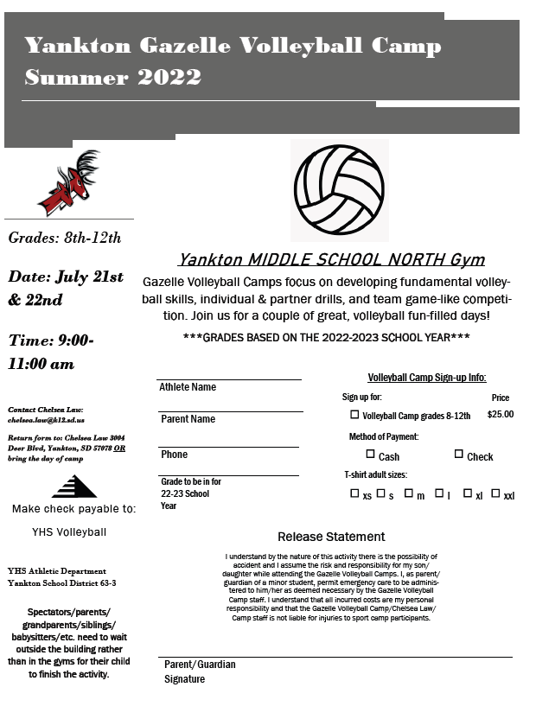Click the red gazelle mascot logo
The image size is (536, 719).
[70, 183]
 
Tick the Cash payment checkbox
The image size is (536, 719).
[371, 454]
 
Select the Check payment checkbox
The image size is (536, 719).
[459, 454]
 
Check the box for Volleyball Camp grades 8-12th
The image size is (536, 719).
[354, 415]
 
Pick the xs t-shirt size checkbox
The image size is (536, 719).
[354, 493]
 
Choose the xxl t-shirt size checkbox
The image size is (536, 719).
[495, 493]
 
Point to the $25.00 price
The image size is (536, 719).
[500, 415]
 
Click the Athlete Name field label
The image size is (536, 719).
[188, 387]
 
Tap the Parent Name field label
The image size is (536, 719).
[188, 419]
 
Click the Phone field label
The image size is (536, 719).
[174, 455]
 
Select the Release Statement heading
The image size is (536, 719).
[331, 537]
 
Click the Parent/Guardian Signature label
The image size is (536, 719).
[200, 671]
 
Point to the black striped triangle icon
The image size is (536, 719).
[74, 487]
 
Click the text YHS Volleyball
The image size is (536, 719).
[69, 531]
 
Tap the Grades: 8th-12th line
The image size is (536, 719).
[65, 238]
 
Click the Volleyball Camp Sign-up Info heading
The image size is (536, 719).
[427, 378]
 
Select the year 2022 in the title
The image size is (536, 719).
[168, 77]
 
